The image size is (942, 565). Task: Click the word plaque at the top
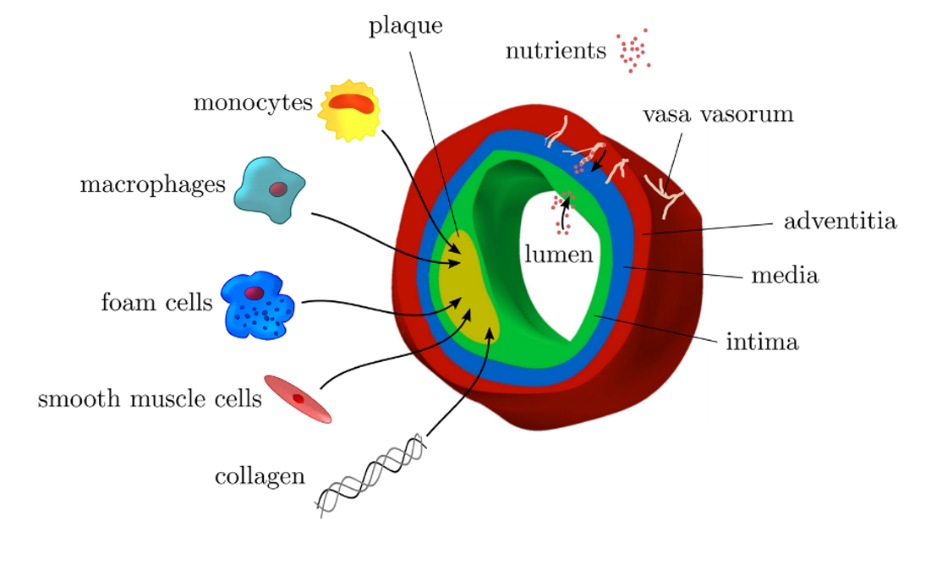(x=405, y=27)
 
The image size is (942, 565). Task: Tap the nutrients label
(x=556, y=52)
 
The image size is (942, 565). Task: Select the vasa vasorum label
(x=718, y=115)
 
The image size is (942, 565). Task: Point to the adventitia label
(x=840, y=222)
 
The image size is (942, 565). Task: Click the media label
(x=785, y=276)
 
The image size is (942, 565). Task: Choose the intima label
(x=762, y=343)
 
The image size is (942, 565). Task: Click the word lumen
(x=558, y=255)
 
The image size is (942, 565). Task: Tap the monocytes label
(x=253, y=103)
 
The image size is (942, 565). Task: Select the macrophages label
(x=153, y=185)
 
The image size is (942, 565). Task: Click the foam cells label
(x=156, y=302)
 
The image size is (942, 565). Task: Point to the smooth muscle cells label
(x=150, y=398)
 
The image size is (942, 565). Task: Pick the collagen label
(x=260, y=476)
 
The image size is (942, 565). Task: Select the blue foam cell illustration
(x=257, y=306)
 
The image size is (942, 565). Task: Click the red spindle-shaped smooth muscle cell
(x=298, y=398)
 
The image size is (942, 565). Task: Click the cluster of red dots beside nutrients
(x=633, y=52)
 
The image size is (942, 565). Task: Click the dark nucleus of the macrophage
(x=277, y=189)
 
